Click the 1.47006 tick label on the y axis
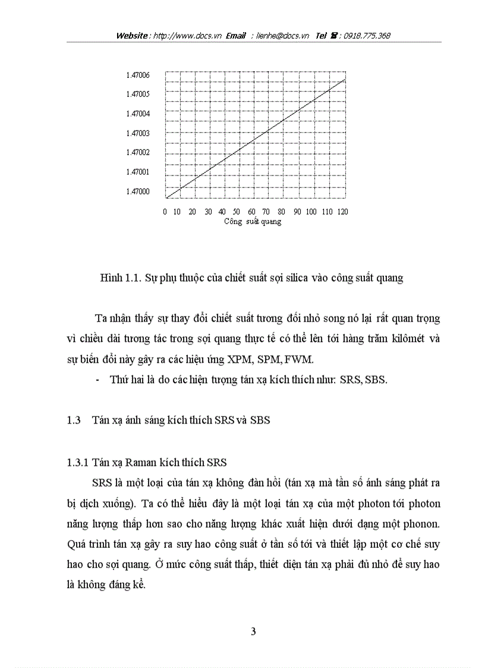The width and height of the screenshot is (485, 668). point(137,75)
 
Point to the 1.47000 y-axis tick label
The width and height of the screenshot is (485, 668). point(137,192)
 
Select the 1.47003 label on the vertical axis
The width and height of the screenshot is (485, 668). point(137,133)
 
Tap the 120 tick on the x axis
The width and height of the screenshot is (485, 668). point(343,212)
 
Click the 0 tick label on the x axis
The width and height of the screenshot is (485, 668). point(165,212)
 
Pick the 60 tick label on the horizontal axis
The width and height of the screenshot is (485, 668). point(252,212)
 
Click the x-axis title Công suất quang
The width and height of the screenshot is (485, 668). point(253,222)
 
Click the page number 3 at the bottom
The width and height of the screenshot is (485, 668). point(254,632)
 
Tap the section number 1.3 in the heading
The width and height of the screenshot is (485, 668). point(74,420)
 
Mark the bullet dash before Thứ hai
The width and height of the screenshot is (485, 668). point(97,380)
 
